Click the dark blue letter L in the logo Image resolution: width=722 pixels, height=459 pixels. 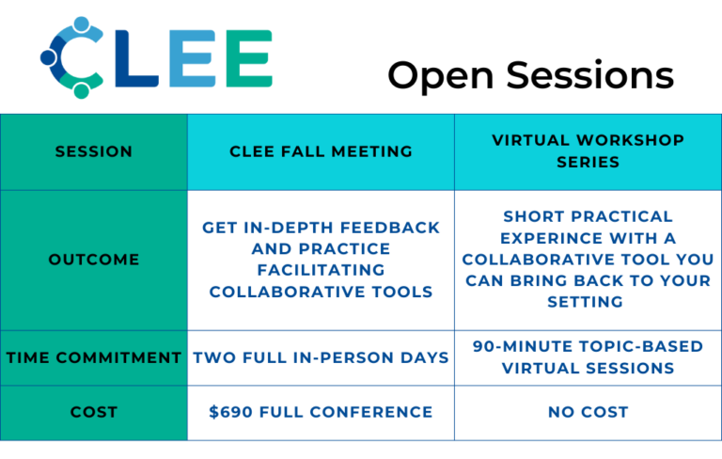point(136,58)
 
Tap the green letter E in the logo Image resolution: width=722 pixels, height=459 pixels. point(249,58)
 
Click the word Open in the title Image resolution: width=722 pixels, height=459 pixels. point(441,76)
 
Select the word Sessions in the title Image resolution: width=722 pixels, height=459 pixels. point(590,74)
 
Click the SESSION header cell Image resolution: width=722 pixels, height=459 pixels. point(94,151)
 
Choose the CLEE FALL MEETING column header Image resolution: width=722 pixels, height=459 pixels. point(321,151)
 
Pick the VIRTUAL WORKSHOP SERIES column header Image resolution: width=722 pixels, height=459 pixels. point(588,151)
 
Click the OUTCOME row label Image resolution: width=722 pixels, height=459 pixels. point(94,260)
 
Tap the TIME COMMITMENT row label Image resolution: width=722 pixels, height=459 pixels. point(94,357)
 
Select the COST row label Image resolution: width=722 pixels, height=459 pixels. point(94,412)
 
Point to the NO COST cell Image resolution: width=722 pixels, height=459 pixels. point(588,412)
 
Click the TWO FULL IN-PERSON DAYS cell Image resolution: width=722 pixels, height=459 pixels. point(321,357)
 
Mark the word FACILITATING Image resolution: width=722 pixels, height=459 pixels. point(321,270)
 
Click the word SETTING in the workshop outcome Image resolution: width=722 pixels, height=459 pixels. point(586,302)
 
